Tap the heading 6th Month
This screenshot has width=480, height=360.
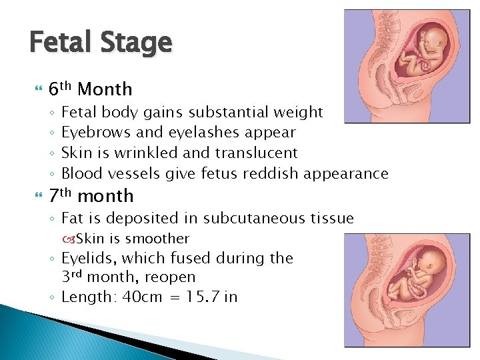[91, 89]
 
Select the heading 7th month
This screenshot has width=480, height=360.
[91, 196]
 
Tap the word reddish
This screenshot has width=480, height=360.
[271, 173]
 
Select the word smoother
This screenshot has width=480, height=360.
[157, 239]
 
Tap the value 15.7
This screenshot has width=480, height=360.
[201, 297]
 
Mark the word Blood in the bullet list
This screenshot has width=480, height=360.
[79, 173]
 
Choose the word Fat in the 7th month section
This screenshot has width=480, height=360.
[72, 218]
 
